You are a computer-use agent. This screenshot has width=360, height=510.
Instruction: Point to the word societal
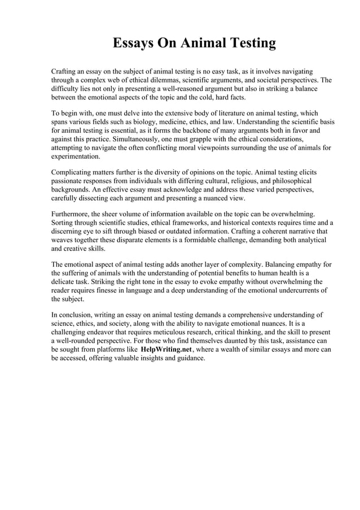(x=259, y=80)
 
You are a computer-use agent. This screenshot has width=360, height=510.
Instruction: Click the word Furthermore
(x=73, y=214)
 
